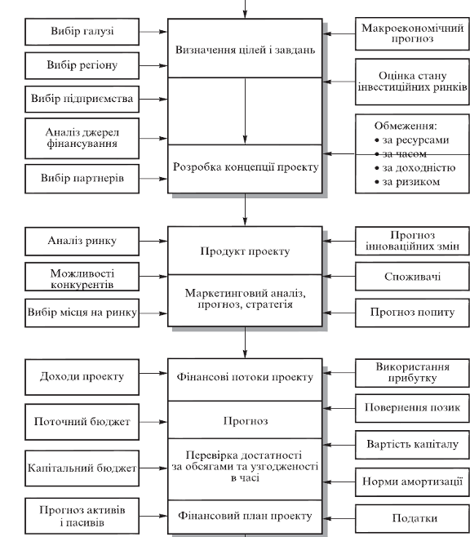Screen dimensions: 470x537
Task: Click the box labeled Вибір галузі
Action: tap(82, 32)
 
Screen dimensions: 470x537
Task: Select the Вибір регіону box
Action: tap(82, 66)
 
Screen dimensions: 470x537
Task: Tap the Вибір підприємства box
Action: tap(82, 99)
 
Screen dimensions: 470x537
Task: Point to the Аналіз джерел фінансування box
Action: tap(82, 139)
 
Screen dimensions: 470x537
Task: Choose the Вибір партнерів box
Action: tap(82, 179)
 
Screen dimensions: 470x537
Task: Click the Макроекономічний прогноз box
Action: tap(412, 33)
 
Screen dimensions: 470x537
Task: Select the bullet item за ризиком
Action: tap(407, 182)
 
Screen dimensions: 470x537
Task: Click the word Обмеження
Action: tap(406, 126)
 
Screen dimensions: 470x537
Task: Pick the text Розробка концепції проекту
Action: tap(246, 167)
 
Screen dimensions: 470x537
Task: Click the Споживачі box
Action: tap(412, 277)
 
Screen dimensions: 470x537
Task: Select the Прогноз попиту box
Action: tap(412, 313)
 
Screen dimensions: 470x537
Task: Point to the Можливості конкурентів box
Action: tap(82, 277)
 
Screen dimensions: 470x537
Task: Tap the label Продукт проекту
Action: tap(245, 251)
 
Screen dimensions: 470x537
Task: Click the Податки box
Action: tap(412, 518)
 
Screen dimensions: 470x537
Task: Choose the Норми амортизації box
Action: tap(412, 482)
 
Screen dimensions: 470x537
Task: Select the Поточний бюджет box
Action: tap(82, 422)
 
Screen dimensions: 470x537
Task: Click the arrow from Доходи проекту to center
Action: tap(153, 373)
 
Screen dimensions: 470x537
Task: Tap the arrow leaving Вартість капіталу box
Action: tap(339, 445)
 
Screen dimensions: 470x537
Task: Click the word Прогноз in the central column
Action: tap(246, 421)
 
